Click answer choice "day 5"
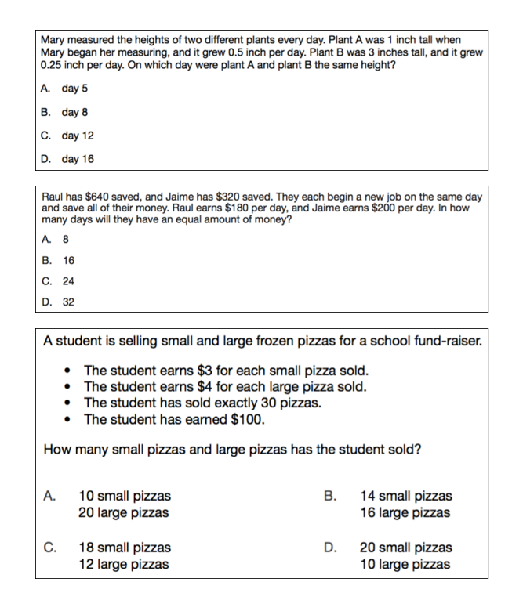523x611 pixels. coord(74,89)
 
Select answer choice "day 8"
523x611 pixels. coord(74,112)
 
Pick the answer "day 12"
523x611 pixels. coord(78,136)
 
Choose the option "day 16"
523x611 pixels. coord(78,159)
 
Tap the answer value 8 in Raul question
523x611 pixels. coord(66,240)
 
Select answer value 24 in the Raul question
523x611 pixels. coord(69,280)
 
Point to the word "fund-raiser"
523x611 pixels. coord(447,342)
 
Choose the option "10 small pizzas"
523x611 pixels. coord(125,496)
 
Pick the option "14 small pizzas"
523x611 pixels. coord(405,496)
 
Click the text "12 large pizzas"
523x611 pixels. coord(124,564)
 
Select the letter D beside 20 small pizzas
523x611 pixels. coord(330,548)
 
